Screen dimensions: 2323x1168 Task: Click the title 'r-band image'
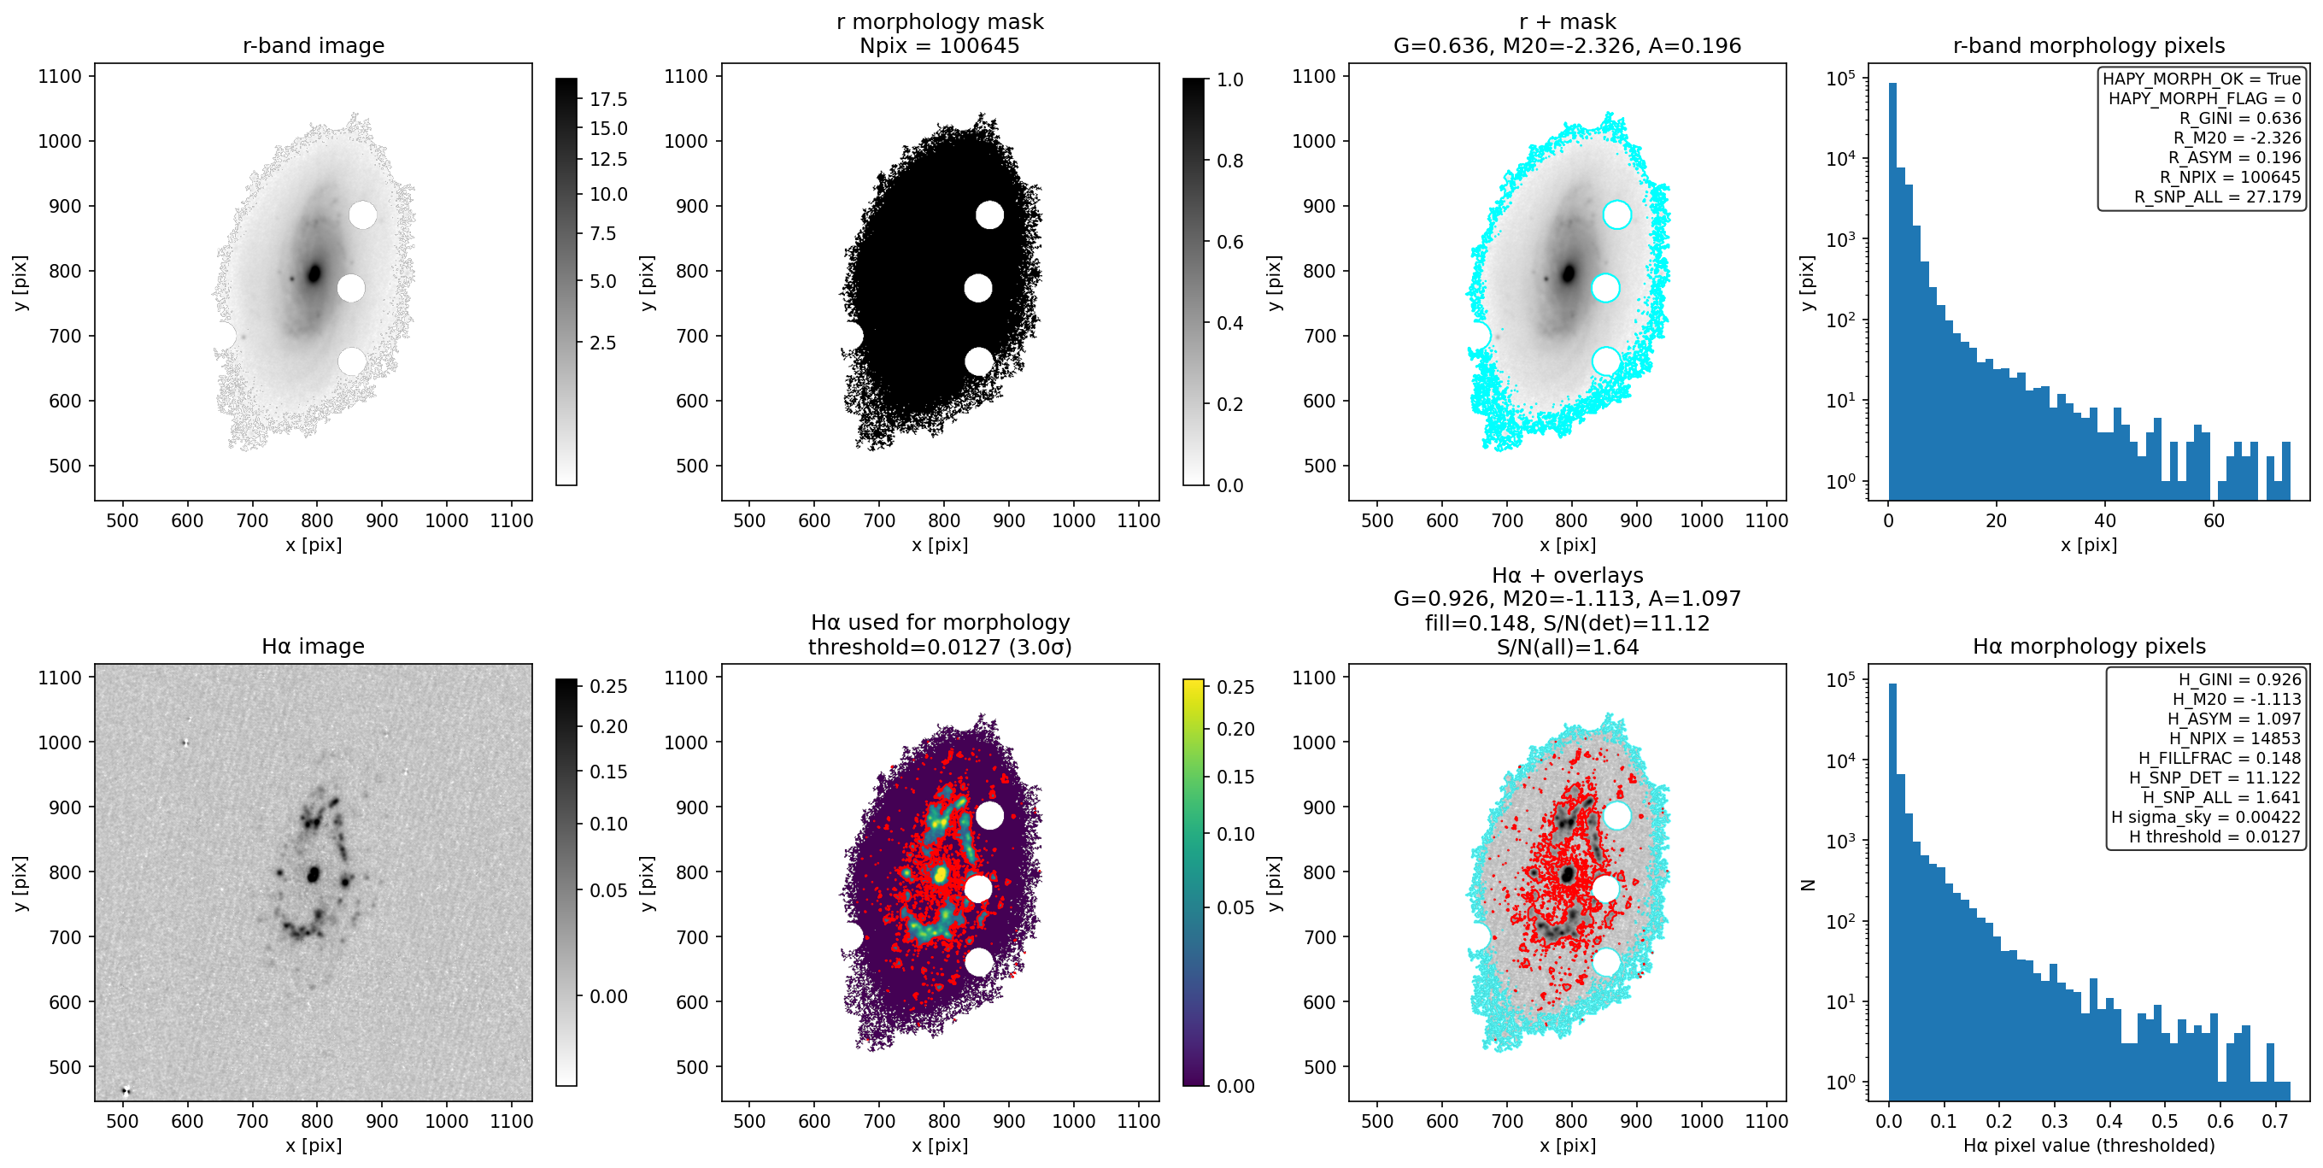coord(313,45)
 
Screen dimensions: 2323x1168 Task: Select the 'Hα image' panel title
coord(313,646)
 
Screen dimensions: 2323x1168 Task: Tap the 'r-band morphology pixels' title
coord(2089,45)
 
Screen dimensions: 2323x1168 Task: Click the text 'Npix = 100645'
coord(940,45)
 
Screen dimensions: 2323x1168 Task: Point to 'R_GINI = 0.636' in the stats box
coord(2240,118)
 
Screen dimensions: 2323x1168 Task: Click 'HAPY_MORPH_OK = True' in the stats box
coord(2202,79)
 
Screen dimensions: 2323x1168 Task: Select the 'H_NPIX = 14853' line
coord(2235,737)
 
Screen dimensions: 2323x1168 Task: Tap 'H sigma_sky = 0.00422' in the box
coord(2206,816)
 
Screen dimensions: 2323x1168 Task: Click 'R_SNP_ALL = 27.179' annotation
coord(2218,197)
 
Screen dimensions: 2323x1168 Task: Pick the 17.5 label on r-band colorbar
coord(608,99)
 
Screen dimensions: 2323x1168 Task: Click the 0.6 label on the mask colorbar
coord(1230,242)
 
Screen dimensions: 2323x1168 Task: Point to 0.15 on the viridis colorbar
coord(1235,777)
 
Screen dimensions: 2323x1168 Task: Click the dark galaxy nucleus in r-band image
coord(314,273)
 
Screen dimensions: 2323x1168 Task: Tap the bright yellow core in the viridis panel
coord(941,873)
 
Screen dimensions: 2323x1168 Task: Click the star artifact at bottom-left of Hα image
coord(126,1091)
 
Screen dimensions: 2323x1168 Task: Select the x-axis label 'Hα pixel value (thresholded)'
coord(2089,1146)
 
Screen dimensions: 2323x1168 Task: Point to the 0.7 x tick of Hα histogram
coord(2275,1121)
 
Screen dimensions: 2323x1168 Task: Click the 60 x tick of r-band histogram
coord(2214,520)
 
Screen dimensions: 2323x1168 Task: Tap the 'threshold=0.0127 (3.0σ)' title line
coord(940,647)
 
